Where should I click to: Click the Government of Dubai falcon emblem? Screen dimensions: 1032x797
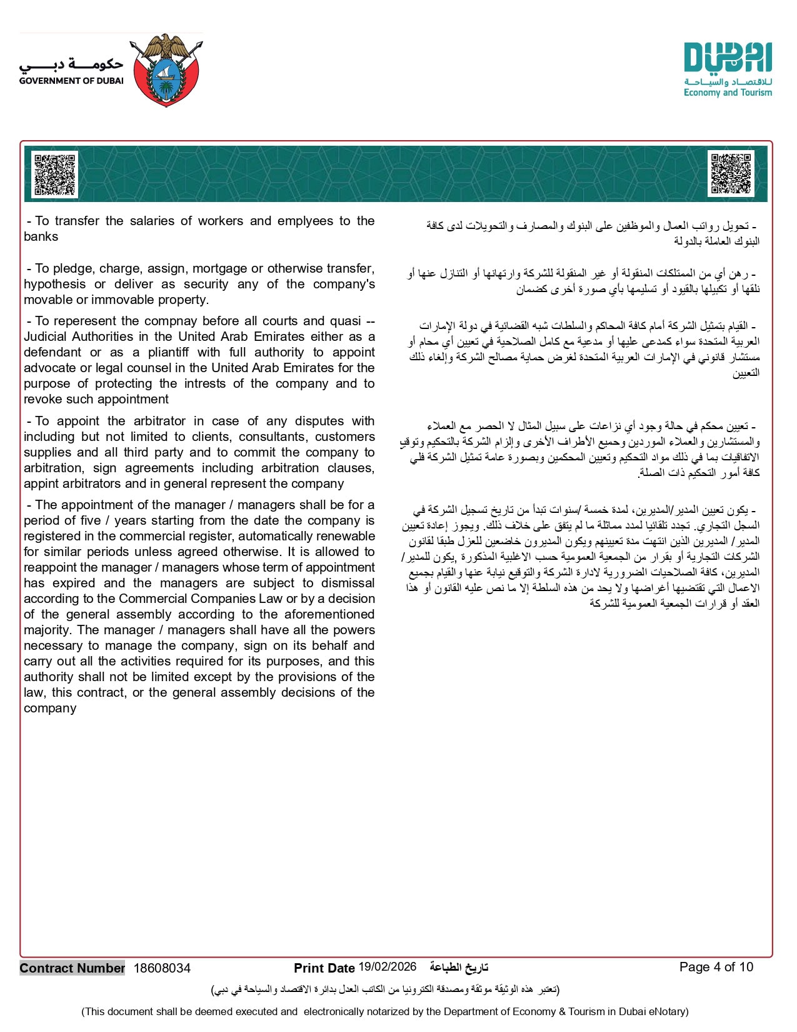pyautogui.click(x=166, y=69)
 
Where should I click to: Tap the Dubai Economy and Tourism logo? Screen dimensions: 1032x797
pyautogui.click(x=728, y=69)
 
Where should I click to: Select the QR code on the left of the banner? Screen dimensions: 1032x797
pyautogui.click(x=54, y=175)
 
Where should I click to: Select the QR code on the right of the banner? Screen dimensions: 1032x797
pyautogui.click(x=731, y=173)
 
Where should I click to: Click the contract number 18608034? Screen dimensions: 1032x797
pyautogui.click(x=162, y=968)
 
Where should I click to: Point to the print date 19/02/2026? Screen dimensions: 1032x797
pyautogui.click(x=387, y=967)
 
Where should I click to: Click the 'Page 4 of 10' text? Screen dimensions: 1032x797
pyautogui.click(x=716, y=967)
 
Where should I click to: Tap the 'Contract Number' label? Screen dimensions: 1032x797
pyautogui.click(x=72, y=968)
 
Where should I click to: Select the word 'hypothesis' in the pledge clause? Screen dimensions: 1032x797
pyautogui.click(x=54, y=284)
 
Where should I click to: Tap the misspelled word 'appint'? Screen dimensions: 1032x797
pyautogui.click(x=41, y=483)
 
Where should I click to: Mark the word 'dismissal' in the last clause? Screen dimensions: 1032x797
pyautogui.click(x=346, y=583)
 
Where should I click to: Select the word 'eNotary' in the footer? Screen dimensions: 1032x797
pyautogui.click(x=668, y=1011)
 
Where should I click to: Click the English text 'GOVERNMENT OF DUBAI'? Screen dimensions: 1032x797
pyautogui.click(x=71, y=81)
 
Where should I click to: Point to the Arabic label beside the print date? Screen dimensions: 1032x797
pyautogui.click(x=458, y=968)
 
